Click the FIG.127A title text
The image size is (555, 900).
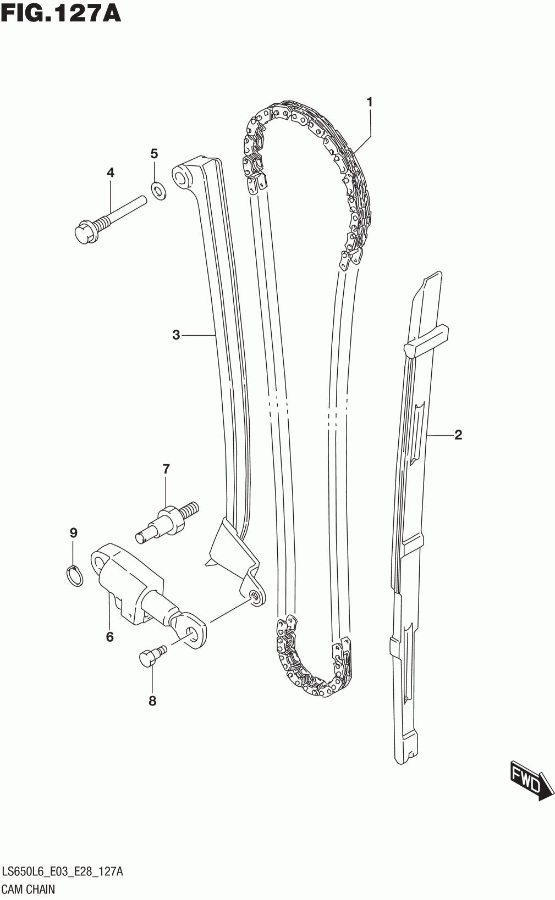click(61, 13)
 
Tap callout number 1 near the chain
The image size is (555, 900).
click(370, 102)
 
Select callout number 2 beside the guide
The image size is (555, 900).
click(458, 435)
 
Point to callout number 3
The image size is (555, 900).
click(176, 335)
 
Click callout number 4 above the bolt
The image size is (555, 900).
click(111, 173)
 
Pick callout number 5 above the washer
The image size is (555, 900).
click(155, 153)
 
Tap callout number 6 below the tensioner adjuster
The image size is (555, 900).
click(109, 637)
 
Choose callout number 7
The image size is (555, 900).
click(166, 469)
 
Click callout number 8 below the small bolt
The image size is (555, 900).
click(152, 701)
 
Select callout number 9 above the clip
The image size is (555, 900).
click(73, 532)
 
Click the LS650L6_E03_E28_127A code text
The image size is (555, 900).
click(63, 871)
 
